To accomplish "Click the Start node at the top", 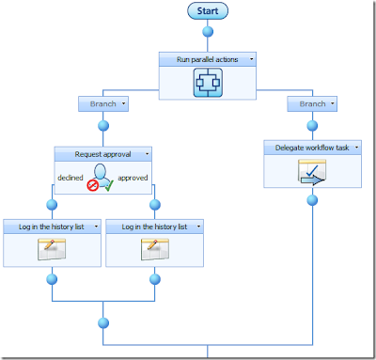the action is pos(208,11).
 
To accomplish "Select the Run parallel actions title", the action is pos(207,59).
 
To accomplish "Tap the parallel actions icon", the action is pos(208,83).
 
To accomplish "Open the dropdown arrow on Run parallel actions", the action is pos(251,59).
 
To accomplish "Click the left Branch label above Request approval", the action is pos(103,103).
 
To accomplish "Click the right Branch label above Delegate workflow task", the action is pos(312,103).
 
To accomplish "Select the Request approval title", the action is pos(102,154).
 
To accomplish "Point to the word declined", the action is pos(70,178).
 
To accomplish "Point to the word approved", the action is pos(133,178).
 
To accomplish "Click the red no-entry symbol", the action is pos(93,185).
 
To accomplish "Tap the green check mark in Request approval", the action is pos(109,185).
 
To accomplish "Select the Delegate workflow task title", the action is pos(312,148).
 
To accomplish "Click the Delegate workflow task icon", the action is pos(312,172).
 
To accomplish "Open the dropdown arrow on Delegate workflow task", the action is pos(356,148).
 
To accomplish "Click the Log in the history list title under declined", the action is pos(52,227).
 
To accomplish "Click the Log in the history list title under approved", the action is pos(154,227).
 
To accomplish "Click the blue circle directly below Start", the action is pos(208,32).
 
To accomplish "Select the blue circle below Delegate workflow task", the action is pos(312,200).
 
